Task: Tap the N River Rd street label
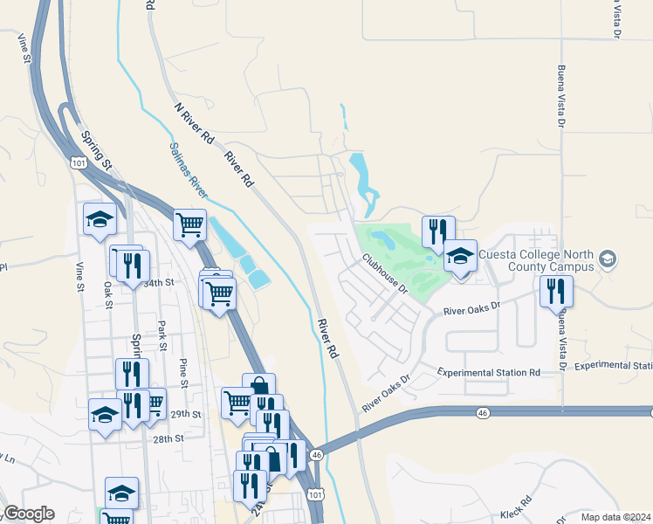point(194,123)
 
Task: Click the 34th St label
point(160,283)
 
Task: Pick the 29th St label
point(186,414)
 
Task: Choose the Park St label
point(162,331)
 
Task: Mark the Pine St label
point(183,372)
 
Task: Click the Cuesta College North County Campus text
point(534,259)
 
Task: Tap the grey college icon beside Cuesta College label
point(608,259)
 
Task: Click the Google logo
point(28,514)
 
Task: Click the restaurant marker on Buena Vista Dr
point(556,291)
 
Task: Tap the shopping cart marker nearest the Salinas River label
point(189,225)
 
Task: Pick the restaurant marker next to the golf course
point(438,231)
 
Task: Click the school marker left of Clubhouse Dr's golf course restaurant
point(460,256)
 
